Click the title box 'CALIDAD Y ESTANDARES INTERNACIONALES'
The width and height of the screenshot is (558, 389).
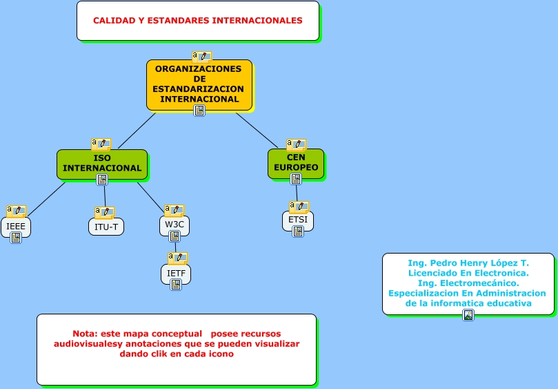pos(197,21)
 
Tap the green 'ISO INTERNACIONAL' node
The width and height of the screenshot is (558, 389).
pos(102,163)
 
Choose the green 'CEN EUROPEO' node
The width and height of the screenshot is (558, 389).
pos(296,162)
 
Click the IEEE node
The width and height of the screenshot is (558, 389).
pos(16,226)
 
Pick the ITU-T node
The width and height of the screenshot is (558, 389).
pos(106,227)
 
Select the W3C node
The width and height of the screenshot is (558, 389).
pos(175,225)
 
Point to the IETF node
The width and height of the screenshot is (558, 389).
pos(176,273)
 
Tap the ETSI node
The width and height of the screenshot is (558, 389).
pos(298,220)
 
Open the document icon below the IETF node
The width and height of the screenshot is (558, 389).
pos(176,285)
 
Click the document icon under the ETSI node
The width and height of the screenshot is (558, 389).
pos(298,231)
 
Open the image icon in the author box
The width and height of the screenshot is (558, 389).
pos(468,315)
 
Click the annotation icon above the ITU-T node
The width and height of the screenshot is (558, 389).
pos(105,213)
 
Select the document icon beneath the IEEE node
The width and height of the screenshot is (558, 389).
pos(16,238)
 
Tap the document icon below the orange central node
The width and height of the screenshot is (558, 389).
pos(199,111)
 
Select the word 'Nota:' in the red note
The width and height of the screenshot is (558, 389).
pos(85,334)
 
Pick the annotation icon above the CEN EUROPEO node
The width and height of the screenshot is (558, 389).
pos(297,144)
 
